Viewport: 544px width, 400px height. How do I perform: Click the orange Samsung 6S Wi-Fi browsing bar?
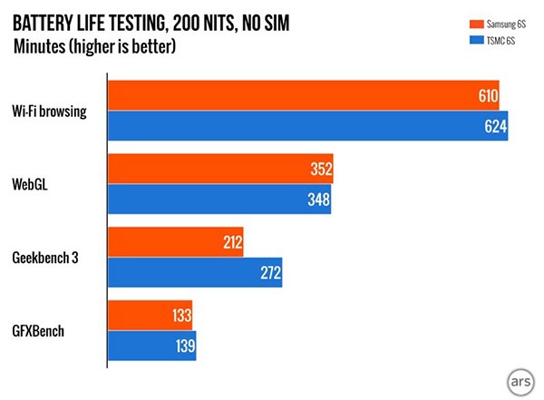(304, 95)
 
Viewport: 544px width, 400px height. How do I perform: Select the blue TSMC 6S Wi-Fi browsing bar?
(308, 126)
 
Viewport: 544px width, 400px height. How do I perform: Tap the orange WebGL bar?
(221, 169)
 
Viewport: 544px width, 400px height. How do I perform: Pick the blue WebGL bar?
(219, 199)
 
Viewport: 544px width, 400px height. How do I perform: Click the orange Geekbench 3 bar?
(176, 241)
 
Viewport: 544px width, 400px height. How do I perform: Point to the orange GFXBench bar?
(150, 315)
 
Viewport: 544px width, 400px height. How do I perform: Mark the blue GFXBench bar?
(151, 345)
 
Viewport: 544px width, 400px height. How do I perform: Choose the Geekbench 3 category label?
(44, 257)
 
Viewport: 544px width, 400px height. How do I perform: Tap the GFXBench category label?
(39, 330)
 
